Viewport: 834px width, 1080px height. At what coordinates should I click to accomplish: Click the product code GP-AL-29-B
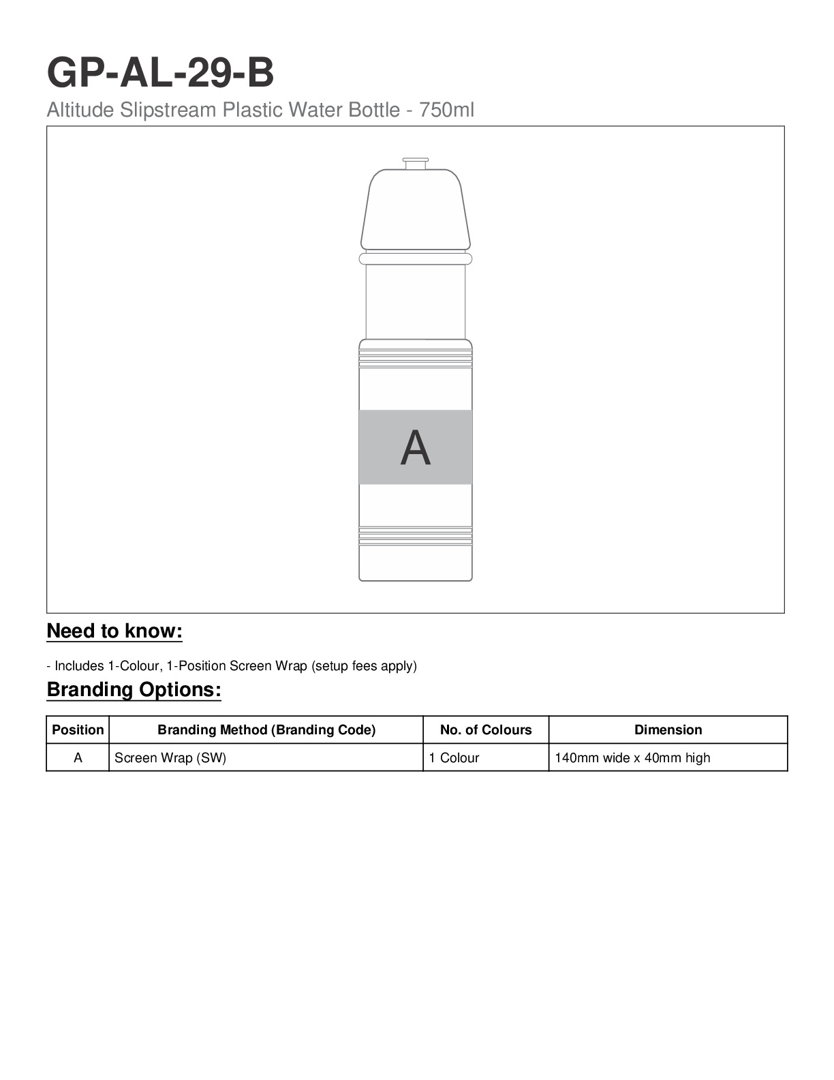point(160,73)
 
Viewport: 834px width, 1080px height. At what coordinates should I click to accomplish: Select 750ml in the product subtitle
point(446,110)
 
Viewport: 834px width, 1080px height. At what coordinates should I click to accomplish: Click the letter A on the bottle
point(416,448)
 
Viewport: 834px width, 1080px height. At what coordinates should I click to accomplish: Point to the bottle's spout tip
point(416,163)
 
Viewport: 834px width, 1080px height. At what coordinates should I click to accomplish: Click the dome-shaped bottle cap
point(416,209)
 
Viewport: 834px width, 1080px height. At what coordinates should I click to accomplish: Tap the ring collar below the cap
point(416,258)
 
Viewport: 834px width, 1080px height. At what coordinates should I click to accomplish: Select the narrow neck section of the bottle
point(416,301)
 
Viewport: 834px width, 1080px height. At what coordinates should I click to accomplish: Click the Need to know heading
point(114,631)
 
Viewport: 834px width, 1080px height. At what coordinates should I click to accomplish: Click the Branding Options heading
point(134,690)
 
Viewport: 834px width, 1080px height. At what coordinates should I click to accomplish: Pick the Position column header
point(78,730)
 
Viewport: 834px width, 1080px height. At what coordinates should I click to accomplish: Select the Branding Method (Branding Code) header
point(266,730)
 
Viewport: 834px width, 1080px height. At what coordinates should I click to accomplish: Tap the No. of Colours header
point(486,730)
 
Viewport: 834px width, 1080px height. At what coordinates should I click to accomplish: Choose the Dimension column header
point(668,730)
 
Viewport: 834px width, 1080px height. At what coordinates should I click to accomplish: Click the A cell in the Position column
point(78,758)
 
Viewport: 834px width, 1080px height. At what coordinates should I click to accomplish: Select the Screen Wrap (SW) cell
point(170,758)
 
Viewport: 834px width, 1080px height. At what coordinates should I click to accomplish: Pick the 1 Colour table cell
point(454,758)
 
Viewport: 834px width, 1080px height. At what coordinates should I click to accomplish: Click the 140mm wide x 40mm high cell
point(632,758)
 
